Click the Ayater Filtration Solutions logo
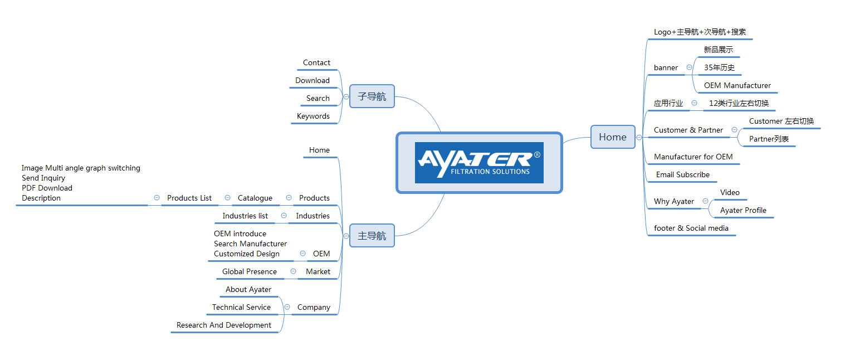(479, 163)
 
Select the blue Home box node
(613, 137)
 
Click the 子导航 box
(372, 96)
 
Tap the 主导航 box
(372, 236)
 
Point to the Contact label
(316, 62)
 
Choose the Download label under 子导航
(312, 80)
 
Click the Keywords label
(313, 116)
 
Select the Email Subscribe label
(683, 175)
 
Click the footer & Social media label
(691, 228)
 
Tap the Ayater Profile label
(743, 210)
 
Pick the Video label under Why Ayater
(730, 192)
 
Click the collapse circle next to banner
(689, 67)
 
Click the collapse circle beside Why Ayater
(705, 201)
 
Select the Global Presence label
(250, 272)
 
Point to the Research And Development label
(224, 325)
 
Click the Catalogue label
(255, 198)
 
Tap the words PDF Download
(47, 188)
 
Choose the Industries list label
(245, 216)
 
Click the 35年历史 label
(719, 67)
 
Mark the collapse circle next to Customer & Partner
(735, 130)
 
